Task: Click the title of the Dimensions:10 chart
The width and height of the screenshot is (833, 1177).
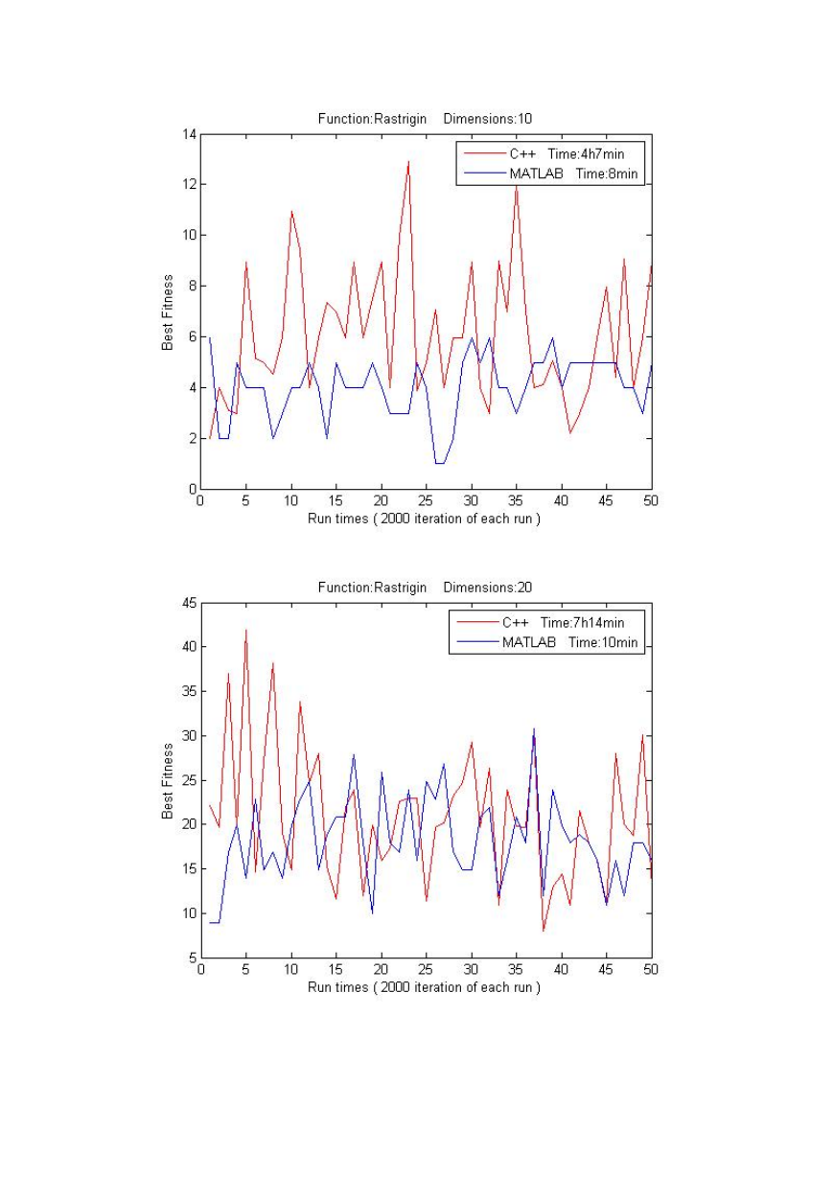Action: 425,119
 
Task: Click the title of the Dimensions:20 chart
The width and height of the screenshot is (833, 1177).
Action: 425,587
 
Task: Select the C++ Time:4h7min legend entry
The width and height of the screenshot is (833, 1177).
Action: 544,154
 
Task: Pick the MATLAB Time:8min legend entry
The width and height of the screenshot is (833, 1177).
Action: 551,173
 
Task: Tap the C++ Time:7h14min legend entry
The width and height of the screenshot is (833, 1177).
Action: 541,623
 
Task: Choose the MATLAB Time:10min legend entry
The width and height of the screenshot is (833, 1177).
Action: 547,642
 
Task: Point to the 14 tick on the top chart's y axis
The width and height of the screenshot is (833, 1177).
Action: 189,134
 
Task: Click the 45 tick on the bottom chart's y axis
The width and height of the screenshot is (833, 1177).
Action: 189,603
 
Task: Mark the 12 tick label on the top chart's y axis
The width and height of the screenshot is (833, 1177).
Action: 189,184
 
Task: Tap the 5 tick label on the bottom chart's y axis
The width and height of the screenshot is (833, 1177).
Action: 193,958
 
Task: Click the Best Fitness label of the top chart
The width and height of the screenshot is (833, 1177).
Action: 167,312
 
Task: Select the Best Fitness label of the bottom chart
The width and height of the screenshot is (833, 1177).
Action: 167,781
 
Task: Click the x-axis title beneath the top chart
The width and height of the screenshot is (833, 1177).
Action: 424,519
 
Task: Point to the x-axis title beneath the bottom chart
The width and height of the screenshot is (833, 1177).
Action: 424,987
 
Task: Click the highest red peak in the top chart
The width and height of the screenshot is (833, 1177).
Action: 408,162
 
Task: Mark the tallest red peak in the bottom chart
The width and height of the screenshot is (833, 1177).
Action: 246,630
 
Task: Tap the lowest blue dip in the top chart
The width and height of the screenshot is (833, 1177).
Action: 440,464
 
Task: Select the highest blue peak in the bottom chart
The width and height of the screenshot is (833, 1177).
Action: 534,728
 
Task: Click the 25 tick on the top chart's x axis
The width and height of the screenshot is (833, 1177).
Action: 427,500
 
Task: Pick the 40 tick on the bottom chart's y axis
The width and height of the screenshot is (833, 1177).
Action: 189,647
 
